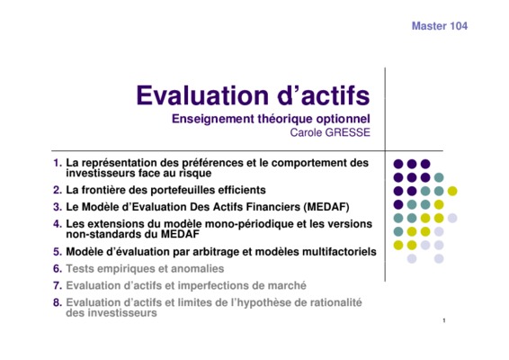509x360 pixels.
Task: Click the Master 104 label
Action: point(440,26)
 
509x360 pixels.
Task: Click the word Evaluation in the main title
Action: point(202,95)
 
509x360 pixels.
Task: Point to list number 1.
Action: point(58,163)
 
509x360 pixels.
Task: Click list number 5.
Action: point(58,252)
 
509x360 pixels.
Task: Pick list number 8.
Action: point(58,302)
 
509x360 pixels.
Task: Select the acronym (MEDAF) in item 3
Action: point(326,207)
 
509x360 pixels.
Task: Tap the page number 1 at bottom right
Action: point(444,320)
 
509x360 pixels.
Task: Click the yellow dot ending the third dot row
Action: point(452,191)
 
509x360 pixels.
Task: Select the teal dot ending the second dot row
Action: point(439,177)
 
